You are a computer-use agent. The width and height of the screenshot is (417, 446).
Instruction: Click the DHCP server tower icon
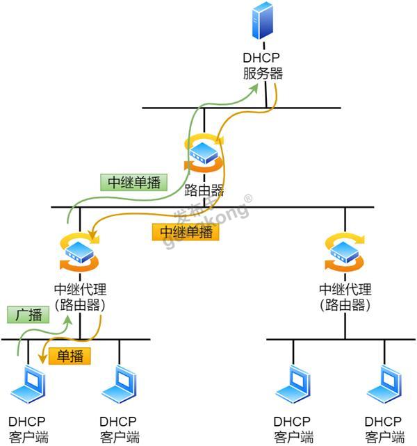[x=263, y=20]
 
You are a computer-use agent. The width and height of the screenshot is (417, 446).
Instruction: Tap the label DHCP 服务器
[x=263, y=66]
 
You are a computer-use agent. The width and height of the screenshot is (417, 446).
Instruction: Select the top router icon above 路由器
[x=204, y=153]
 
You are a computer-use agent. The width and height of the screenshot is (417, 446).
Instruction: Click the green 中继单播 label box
[x=133, y=182]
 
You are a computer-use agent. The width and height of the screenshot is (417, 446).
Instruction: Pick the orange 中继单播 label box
[x=186, y=232]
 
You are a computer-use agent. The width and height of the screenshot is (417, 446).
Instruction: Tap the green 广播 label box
[x=28, y=315]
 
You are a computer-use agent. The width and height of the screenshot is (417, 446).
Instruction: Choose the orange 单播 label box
[x=69, y=356]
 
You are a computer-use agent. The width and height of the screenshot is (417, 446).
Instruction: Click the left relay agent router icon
[x=79, y=252]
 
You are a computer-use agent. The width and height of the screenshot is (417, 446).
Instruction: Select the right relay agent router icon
[x=345, y=252]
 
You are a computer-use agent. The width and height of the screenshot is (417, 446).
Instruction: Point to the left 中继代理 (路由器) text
[x=80, y=297]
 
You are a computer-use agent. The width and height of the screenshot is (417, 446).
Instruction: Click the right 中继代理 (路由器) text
[x=345, y=297]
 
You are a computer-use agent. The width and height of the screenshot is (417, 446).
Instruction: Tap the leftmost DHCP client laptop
[x=28, y=384]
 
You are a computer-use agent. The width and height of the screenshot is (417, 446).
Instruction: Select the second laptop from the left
[x=119, y=384]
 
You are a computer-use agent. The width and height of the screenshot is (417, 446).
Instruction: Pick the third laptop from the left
[x=293, y=384]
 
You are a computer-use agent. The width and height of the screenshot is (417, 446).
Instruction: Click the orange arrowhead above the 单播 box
[x=42, y=358]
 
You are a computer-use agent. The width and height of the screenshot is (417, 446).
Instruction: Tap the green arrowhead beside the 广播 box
[x=68, y=320]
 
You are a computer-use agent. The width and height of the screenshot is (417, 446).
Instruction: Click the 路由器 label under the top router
[x=204, y=190]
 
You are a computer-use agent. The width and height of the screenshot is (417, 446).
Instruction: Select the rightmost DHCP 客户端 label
[x=384, y=429]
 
